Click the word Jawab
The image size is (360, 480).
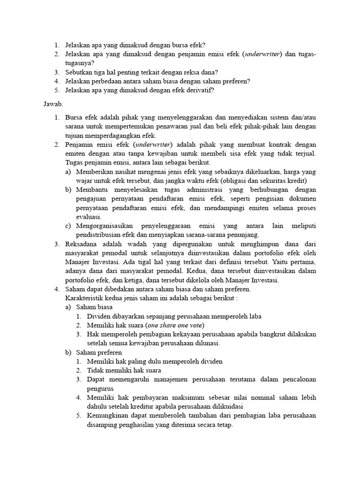[x=53, y=103]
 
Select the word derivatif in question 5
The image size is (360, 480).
[x=199, y=90]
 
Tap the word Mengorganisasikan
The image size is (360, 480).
[x=107, y=226]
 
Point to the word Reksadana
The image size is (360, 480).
[x=81, y=244]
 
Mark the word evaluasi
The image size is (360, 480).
[x=89, y=217]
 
